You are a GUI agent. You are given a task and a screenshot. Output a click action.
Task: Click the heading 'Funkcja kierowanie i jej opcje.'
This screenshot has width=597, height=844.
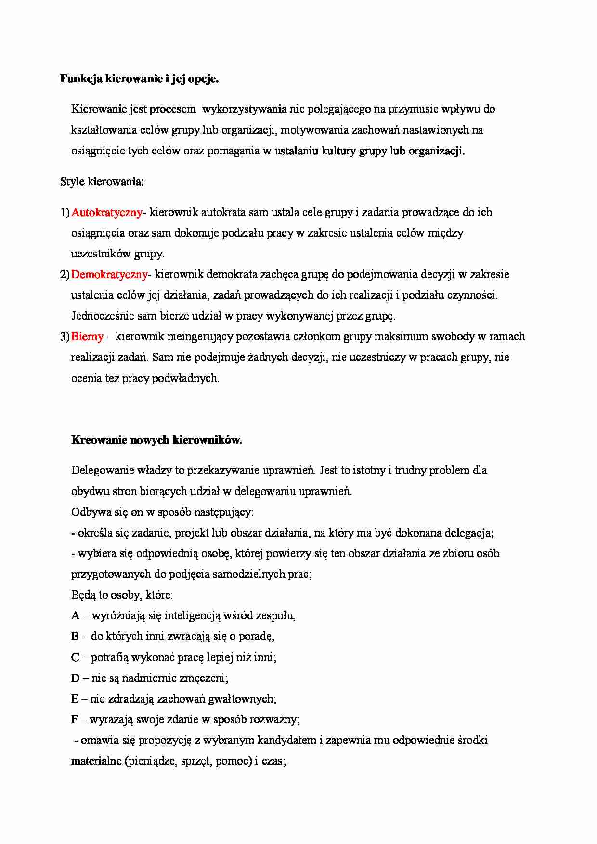coord(139,79)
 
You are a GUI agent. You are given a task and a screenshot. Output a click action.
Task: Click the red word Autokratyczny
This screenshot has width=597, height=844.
coord(106,212)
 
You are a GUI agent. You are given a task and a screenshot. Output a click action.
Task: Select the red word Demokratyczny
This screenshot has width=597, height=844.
coord(109,274)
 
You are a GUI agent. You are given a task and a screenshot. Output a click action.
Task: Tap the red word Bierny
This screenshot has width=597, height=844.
coord(87,336)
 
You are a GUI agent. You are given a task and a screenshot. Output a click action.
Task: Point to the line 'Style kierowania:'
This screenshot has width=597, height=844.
coord(102,182)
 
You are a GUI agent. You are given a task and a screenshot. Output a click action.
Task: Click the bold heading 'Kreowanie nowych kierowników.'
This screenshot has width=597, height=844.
coord(156,440)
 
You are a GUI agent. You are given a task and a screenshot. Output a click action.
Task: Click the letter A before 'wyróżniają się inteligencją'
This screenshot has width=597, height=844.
coord(75,615)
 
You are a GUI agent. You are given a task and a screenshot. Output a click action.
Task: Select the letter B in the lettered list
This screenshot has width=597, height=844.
coord(75,636)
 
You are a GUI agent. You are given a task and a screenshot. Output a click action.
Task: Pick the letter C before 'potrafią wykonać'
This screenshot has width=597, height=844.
coord(75,657)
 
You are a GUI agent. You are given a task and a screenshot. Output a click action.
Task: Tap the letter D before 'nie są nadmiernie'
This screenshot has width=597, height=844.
coord(75,678)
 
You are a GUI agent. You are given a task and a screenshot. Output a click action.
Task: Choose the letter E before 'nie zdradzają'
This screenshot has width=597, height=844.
coord(75,699)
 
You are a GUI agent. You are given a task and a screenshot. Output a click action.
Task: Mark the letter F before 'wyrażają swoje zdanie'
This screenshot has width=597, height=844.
coord(75,719)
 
